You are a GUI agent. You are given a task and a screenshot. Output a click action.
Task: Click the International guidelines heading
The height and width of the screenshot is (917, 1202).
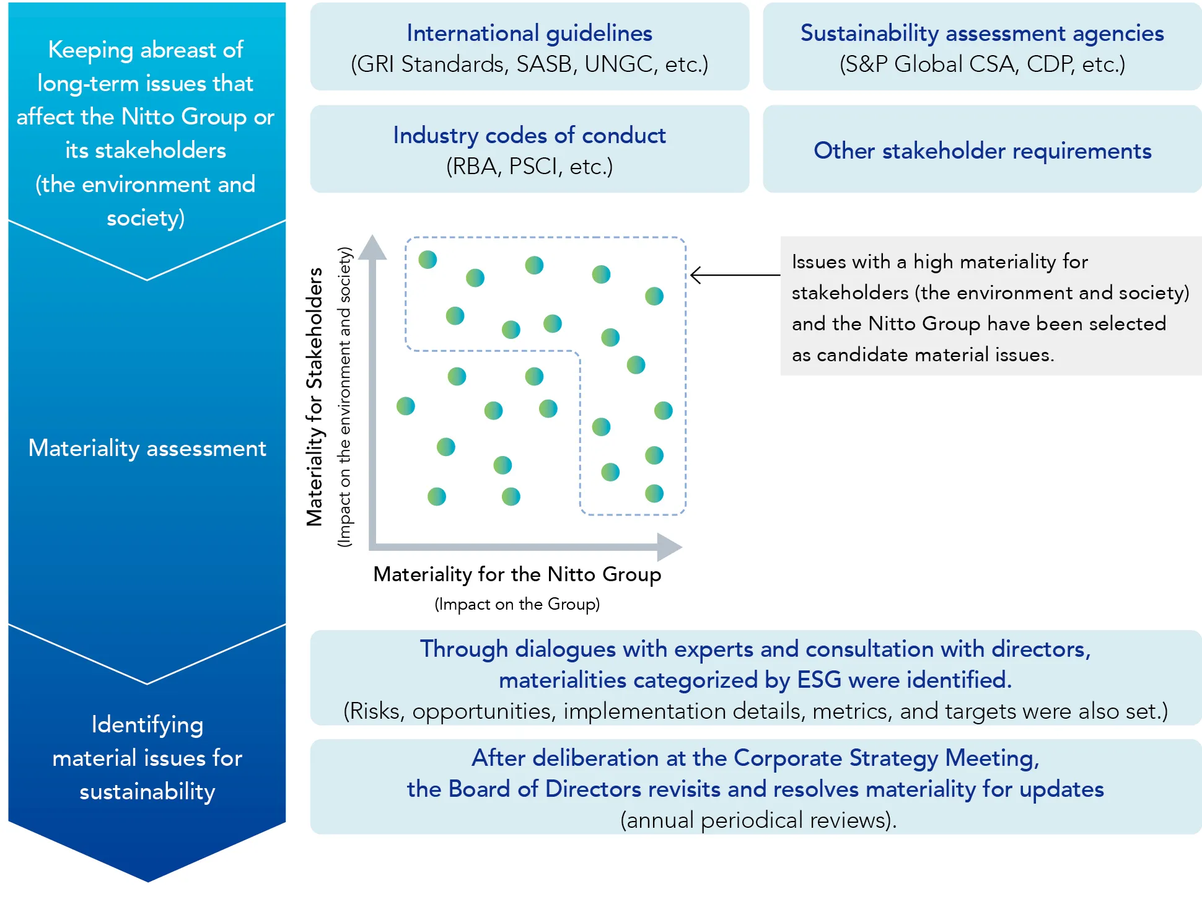pos(529,33)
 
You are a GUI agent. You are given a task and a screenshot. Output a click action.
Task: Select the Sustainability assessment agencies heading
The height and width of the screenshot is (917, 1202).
pos(982,33)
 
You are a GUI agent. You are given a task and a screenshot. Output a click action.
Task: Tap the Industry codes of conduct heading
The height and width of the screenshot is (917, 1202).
pos(529,135)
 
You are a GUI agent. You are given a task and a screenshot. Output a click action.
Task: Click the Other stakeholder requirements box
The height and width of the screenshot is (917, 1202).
pos(982,151)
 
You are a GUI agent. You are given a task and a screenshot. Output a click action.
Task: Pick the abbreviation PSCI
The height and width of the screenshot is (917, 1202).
pos(533,167)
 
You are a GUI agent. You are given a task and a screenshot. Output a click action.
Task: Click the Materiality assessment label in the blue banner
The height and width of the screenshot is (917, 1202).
pos(147,448)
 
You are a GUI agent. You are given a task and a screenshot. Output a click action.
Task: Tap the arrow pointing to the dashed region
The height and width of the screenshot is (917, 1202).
pos(734,274)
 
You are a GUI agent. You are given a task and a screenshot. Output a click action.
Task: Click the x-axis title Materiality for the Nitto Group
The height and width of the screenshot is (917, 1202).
pos(517,574)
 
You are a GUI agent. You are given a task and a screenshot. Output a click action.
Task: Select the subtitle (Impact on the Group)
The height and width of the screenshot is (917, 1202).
pos(517,604)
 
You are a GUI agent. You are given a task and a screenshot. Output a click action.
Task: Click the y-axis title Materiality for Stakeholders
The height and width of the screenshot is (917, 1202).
pos(315,397)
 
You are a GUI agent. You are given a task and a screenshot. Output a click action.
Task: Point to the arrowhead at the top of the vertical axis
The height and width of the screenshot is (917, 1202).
pos(372,247)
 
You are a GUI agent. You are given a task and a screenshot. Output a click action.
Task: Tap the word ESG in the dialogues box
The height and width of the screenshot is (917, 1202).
pos(818,680)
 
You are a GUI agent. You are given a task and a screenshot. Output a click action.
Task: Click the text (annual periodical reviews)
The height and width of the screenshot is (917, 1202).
pos(758,820)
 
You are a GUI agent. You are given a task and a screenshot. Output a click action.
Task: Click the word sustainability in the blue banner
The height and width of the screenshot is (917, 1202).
pos(147,791)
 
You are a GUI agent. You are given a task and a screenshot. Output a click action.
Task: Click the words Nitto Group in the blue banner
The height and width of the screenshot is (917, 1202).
pos(184,116)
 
